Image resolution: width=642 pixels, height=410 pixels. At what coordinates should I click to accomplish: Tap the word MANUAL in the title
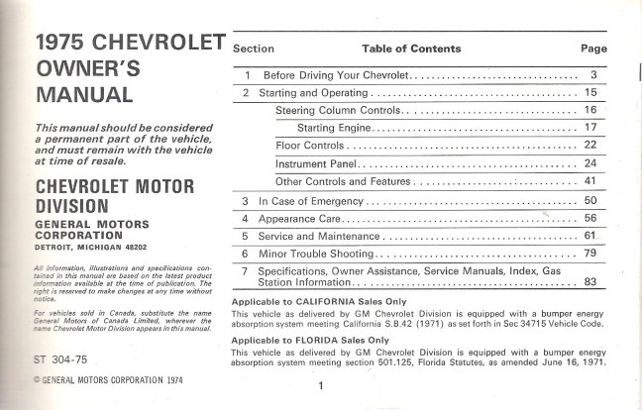click(x=83, y=96)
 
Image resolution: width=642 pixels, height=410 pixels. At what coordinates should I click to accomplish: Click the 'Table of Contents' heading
click(x=411, y=48)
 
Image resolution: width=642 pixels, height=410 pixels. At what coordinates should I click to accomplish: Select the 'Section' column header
click(x=253, y=48)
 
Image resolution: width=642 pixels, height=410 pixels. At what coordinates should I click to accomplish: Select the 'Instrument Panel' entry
click(x=316, y=163)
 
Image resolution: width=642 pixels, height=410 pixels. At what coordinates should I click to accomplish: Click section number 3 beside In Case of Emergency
click(x=244, y=201)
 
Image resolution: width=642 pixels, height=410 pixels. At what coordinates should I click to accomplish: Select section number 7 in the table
click(x=244, y=271)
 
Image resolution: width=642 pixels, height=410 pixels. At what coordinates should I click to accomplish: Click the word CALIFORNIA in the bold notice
click(x=319, y=301)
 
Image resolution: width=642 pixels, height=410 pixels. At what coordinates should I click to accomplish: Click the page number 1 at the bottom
click(x=322, y=386)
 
